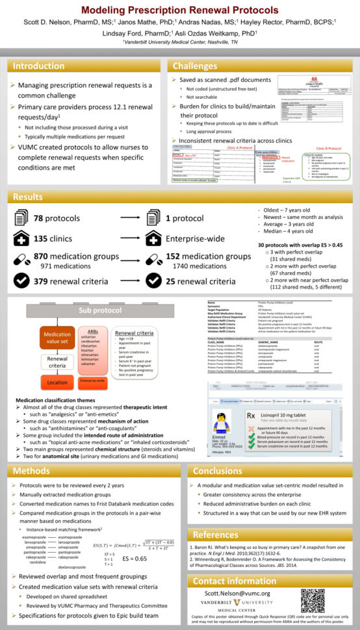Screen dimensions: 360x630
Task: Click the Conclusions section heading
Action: tap(218, 470)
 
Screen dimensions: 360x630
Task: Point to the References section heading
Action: tap(216, 534)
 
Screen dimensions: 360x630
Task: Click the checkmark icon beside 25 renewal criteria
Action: tap(153, 281)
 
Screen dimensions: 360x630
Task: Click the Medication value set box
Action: tap(57, 339)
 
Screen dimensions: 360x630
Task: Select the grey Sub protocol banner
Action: tap(99, 310)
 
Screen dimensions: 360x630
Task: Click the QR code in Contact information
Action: tap(312, 601)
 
